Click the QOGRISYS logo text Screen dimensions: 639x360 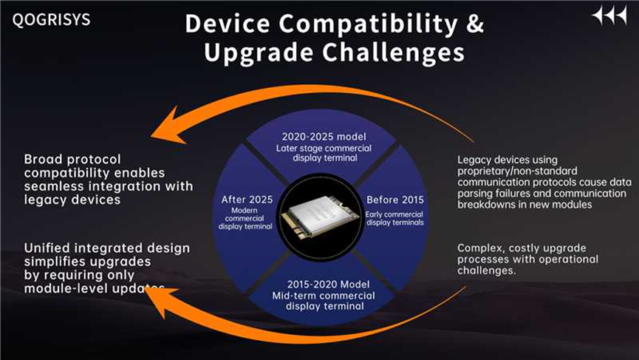[x=51, y=19]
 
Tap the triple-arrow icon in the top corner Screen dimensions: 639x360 [x=609, y=16]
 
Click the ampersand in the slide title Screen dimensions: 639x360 [x=475, y=24]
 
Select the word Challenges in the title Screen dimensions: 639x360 [x=394, y=52]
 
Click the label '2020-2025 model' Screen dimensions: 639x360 [x=324, y=137]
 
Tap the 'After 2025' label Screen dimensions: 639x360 [x=247, y=200]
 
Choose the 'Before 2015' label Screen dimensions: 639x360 [x=395, y=200]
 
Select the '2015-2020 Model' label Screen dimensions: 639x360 [x=329, y=284]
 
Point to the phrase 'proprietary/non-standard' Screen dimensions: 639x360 [x=517, y=171]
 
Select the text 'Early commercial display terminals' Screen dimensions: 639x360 [x=394, y=219]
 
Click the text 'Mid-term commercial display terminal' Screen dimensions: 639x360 [x=324, y=301]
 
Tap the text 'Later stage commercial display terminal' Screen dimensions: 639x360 [x=324, y=153]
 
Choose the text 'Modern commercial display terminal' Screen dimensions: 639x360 [x=245, y=218]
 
